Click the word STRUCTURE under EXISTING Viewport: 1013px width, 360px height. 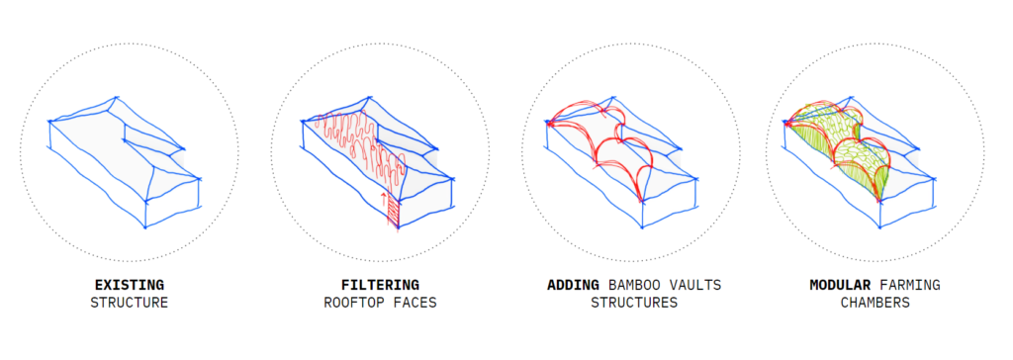click(129, 303)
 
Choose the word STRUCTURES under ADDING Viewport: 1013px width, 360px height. click(633, 303)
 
